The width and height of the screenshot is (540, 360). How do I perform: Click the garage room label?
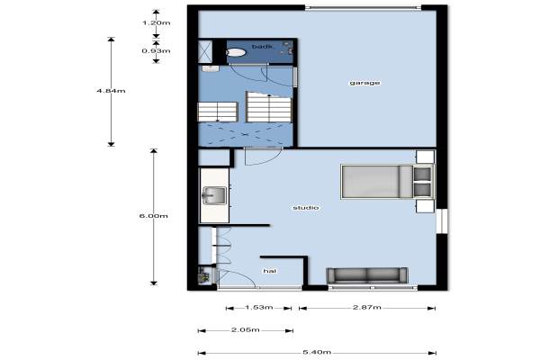(364, 83)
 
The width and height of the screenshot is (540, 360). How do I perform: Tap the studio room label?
(306, 208)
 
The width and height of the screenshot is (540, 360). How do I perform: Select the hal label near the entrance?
(270, 271)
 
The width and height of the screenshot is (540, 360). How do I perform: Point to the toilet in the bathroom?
(236, 52)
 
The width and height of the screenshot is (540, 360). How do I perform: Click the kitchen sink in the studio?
(214, 195)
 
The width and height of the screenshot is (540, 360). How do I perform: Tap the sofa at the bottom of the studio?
(367, 276)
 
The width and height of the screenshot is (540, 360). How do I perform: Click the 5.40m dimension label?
(317, 352)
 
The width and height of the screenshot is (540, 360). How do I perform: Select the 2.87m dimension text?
(367, 307)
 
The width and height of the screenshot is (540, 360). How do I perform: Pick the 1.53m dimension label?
(259, 307)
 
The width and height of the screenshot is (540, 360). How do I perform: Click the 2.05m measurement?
(245, 330)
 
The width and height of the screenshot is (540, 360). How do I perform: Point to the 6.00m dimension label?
(154, 216)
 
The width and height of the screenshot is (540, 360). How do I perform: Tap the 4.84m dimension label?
(111, 91)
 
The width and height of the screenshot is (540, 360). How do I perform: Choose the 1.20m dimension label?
(157, 23)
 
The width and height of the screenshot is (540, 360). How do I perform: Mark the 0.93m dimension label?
(156, 51)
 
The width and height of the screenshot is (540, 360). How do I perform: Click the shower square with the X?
(205, 51)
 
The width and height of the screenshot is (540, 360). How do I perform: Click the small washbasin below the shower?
(211, 68)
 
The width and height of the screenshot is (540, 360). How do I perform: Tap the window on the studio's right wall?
(442, 220)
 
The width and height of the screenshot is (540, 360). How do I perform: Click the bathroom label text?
(262, 47)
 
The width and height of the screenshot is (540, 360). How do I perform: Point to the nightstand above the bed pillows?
(425, 157)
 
